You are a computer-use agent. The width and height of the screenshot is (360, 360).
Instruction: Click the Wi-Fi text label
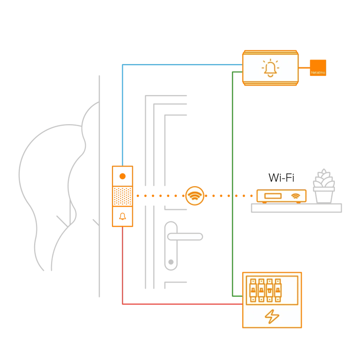tap(281, 178)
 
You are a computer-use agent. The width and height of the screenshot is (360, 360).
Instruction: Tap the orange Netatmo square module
tap(318, 68)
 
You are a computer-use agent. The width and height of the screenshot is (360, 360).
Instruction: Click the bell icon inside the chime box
tap(270, 69)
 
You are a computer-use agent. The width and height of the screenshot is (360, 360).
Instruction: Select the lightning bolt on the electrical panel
tap(271, 317)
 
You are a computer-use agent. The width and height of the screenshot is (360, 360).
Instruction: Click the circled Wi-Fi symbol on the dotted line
tap(195, 195)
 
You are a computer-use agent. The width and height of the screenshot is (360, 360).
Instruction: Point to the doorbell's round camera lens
tap(123, 176)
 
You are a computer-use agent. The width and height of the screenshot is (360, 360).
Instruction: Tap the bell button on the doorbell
tap(123, 217)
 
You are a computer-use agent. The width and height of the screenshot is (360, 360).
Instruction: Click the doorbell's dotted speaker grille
tap(123, 196)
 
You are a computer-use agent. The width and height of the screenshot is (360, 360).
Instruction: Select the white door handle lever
tap(184, 237)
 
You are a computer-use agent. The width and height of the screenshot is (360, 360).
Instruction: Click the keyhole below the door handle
tap(171, 262)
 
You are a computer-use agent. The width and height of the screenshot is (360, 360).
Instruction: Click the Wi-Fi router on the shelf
tap(281, 195)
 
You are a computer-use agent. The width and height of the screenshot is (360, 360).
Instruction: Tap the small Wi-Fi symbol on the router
tap(295, 195)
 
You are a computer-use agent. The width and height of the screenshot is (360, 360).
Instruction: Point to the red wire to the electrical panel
tap(178, 304)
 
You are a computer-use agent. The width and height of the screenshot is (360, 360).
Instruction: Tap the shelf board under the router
tap(296, 208)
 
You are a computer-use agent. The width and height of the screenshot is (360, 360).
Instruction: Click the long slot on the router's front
tap(272, 195)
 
